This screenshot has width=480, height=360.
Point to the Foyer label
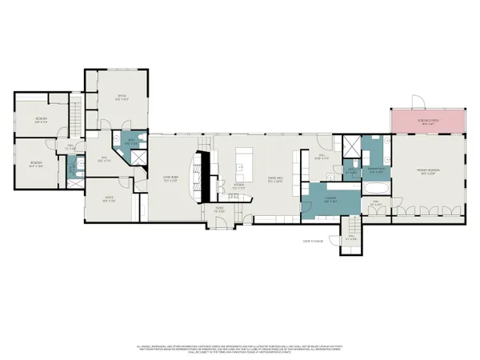pos(218,210)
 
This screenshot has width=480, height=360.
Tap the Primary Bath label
pos(376,170)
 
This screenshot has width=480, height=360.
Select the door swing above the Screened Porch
pos(414,102)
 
